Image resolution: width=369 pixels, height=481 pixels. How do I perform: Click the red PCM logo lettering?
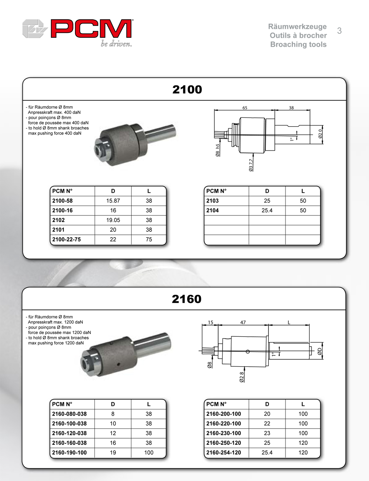pyautogui.click(x=91, y=29)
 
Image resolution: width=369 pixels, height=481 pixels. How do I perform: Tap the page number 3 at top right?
pyautogui.click(x=339, y=31)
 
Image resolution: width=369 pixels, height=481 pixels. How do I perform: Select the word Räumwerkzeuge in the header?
pyautogui.click(x=297, y=27)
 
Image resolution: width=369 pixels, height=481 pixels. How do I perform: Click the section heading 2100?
pyautogui.click(x=187, y=90)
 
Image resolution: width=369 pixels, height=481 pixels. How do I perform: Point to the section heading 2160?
pyautogui.click(x=186, y=299)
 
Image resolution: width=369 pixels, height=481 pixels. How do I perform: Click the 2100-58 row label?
pyautogui.click(x=63, y=201)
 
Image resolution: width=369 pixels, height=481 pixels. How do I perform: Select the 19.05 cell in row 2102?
pyautogui.click(x=113, y=220)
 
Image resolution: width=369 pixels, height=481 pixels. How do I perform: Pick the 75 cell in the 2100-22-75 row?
pyautogui.click(x=149, y=240)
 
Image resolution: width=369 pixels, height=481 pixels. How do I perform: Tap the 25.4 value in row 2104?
pyautogui.click(x=267, y=210)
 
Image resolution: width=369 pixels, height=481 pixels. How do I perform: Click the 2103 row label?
pyautogui.click(x=212, y=201)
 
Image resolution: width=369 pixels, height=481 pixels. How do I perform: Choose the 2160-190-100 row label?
pyautogui.click(x=69, y=453)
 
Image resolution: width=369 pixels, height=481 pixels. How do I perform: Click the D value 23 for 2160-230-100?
pyautogui.click(x=267, y=433)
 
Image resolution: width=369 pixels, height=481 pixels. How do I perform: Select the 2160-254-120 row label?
pyautogui.click(x=223, y=453)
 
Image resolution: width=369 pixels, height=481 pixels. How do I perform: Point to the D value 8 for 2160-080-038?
pyautogui.click(x=113, y=414)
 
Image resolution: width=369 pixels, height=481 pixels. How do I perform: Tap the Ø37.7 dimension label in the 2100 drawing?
pyautogui.click(x=251, y=165)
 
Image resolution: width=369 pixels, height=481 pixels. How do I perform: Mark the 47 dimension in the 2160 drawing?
pyautogui.click(x=243, y=322)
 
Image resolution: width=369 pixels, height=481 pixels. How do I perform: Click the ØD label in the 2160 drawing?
pyautogui.click(x=319, y=351)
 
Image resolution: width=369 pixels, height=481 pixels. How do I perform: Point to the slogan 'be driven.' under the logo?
pyautogui.click(x=116, y=44)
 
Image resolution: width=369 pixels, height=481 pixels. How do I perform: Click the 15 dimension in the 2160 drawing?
pyautogui.click(x=211, y=322)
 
